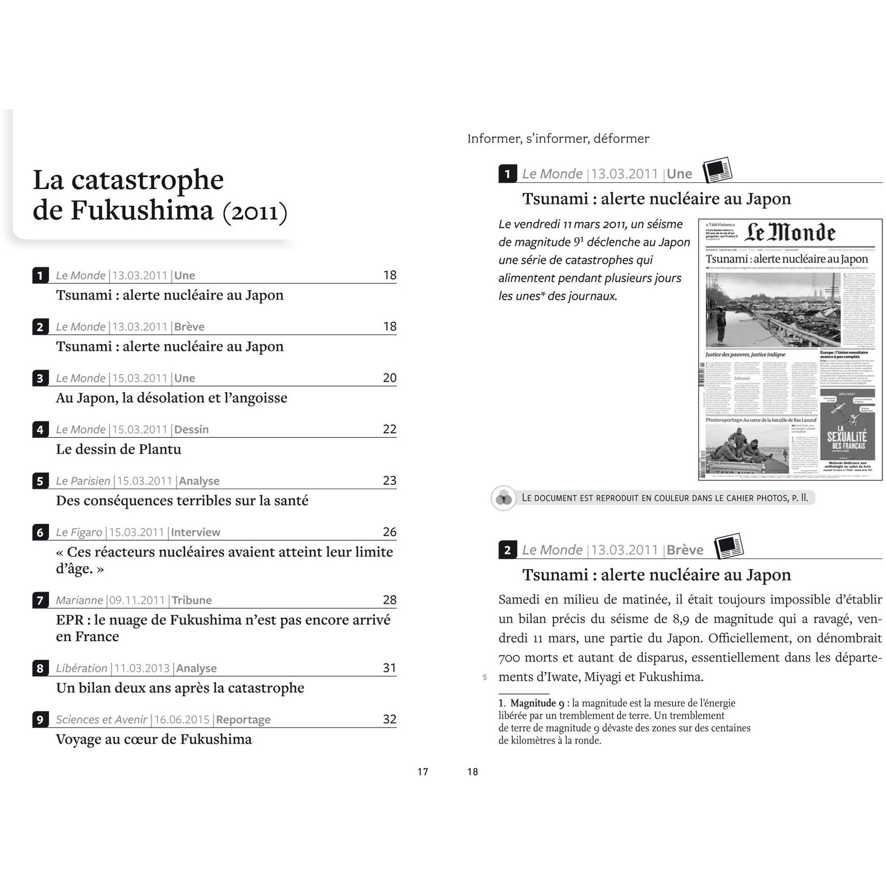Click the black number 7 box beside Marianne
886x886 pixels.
[x=40, y=600]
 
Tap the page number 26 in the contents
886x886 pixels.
[x=389, y=532]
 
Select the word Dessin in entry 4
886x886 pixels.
[x=192, y=429]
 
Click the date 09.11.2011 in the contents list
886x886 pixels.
[x=137, y=600]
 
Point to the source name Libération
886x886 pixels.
[x=81, y=668]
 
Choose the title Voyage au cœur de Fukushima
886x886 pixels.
[x=154, y=739]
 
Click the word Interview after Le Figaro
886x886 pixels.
[x=195, y=532]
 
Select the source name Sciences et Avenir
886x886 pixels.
[x=102, y=720]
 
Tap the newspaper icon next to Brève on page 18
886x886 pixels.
[x=729, y=546]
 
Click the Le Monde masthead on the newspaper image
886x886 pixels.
[x=790, y=233]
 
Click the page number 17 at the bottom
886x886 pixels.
[x=423, y=771]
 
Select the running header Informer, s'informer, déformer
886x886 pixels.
[x=558, y=139]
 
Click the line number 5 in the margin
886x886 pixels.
[x=485, y=677]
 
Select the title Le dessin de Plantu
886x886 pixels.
[x=118, y=449]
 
